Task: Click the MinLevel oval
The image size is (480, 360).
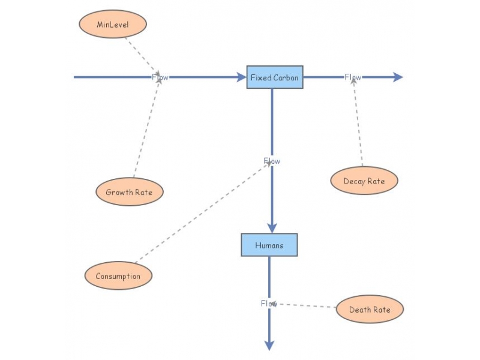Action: click(x=113, y=25)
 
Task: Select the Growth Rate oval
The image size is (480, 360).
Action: click(x=130, y=193)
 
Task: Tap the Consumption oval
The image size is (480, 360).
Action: click(x=118, y=276)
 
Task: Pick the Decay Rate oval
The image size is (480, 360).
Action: click(x=364, y=181)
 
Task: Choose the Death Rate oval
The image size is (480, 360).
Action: click(x=370, y=310)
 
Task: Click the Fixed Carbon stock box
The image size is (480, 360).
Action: click(x=275, y=77)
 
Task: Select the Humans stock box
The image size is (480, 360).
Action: click(x=269, y=245)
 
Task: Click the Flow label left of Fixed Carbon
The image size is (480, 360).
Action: click(x=160, y=77)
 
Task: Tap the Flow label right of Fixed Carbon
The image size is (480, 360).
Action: click(x=353, y=77)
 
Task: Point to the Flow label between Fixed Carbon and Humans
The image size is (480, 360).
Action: click(x=272, y=161)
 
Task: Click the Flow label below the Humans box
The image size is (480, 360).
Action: click(x=269, y=304)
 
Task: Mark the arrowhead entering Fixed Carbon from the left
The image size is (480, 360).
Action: click(x=242, y=77)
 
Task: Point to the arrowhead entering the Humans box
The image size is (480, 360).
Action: click(x=272, y=227)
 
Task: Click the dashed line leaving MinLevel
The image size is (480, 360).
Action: click(x=141, y=55)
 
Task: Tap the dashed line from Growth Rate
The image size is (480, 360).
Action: click(x=147, y=128)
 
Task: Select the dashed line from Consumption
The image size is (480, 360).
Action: click(x=201, y=214)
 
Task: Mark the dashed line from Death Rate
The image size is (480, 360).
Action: click(x=306, y=305)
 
